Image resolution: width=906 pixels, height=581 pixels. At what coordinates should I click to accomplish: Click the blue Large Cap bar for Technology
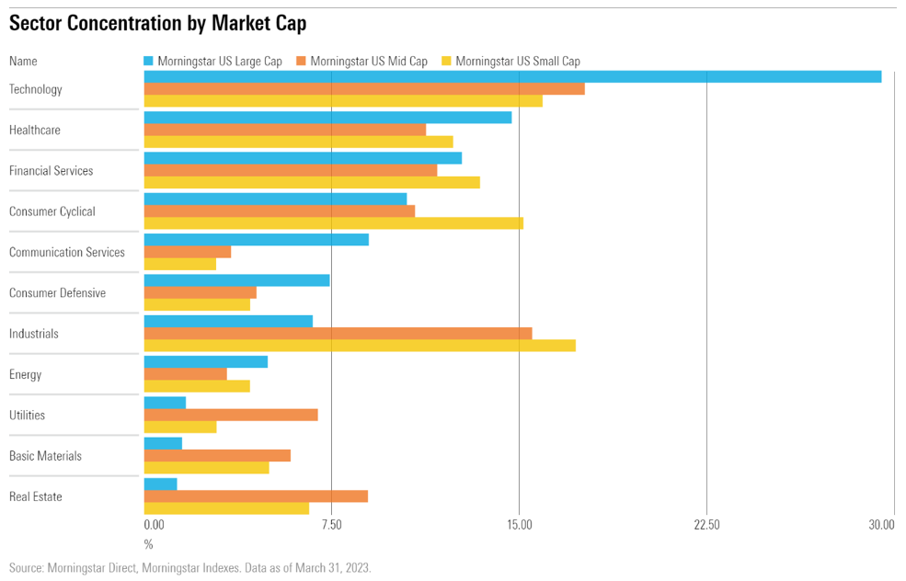(512, 76)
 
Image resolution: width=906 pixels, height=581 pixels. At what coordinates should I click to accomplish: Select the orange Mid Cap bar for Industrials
(338, 333)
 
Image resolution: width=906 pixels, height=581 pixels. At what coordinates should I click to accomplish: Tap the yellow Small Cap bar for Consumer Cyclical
(333, 223)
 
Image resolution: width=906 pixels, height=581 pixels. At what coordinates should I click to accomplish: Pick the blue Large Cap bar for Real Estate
(160, 484)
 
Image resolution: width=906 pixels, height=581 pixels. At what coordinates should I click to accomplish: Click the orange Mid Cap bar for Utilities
(231, 415)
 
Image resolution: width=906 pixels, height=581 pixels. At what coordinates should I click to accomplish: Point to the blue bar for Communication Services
(256, 239)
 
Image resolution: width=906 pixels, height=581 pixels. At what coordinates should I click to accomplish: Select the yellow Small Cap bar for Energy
(197, 386)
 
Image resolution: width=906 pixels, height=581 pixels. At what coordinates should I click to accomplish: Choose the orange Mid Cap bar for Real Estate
(256, 496)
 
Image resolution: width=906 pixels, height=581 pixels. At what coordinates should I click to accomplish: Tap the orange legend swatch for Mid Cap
(300, 62)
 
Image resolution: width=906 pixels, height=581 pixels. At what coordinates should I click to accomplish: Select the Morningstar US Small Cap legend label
(518, 62)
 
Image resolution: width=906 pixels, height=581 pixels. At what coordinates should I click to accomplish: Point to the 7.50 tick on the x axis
(331, 525)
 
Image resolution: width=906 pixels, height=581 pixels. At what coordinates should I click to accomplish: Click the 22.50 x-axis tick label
(706, 525)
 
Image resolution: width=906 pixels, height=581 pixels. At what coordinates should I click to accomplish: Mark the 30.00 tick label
(881, 525)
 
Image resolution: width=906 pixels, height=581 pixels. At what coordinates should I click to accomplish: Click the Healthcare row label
(35, 131)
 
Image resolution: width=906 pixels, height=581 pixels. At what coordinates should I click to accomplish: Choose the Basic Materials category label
(45, 456)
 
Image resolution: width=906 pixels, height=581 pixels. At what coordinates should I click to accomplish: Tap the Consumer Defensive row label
(57, 293)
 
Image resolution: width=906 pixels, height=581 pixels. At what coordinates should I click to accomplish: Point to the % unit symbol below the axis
(149, 545)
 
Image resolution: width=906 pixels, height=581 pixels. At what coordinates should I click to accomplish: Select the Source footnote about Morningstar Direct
(190, 568)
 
